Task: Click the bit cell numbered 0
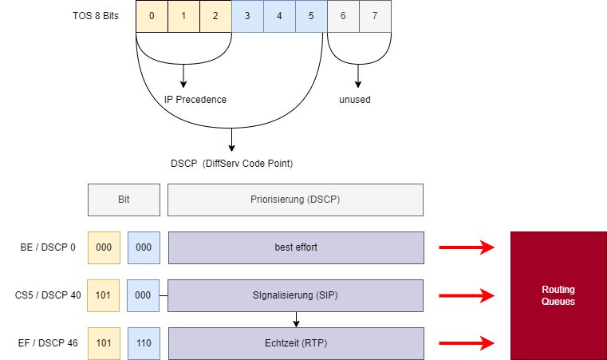click(x=152, y=16)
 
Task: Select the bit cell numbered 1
click(x=183, y=16)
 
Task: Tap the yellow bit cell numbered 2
click(x=215, y=16)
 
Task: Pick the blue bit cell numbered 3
click(x=247, y=16)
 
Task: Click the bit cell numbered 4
click(x=279, y=16)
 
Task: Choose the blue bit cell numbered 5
click(x=311, y=16)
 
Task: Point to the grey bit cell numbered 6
click(x=343, y=16)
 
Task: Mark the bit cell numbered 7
click(x=375, y=16)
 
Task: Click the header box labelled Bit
click(x=124, y=200)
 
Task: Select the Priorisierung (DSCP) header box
click(x=295, y=200)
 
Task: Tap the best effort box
click(x=295, y=247)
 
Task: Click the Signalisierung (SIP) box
click(x=295, y=295)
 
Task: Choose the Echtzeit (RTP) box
click(x=295, y=343)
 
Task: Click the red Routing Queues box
click(x=558, y=295)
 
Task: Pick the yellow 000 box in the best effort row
click(x=104, y=247)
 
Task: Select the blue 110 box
click(x=144, y=343)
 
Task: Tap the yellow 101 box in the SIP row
click(x=104, y=295)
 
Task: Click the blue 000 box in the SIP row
click(x=144, y=295)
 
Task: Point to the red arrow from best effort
click(x=467, y=247)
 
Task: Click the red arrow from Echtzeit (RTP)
click(x=467, y=343)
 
